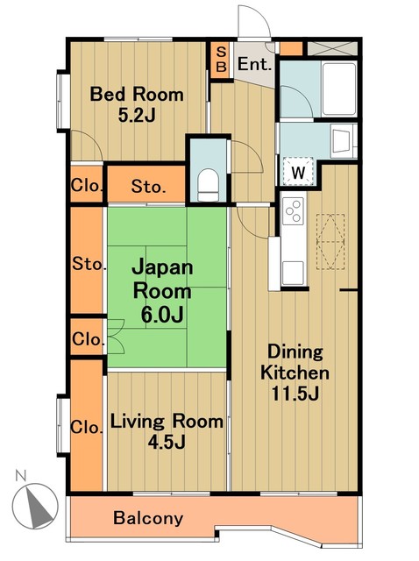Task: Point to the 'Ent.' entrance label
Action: (254, 64)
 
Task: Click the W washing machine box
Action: (298, 172)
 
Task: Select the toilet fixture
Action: (209, 182)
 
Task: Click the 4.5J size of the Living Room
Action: (166, 441)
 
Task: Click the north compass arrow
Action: (35, 503)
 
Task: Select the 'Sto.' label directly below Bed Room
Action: (146, 186)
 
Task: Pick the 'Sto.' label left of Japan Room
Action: (89, 263)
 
